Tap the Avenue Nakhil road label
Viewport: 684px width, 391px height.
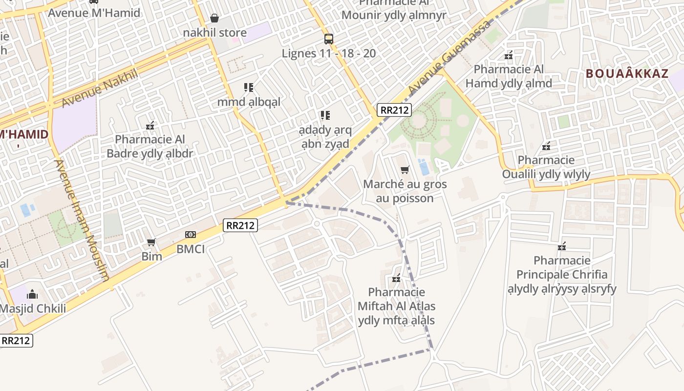[100, 88]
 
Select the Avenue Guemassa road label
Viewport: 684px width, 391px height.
[449, 58]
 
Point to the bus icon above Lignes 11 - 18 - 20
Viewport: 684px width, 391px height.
[329, 39]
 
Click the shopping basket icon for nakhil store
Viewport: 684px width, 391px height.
[214, 18]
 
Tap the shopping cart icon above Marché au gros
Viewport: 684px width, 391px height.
[405, 170]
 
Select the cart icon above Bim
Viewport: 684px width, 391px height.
[151, 242]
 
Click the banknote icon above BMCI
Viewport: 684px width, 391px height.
[191, 235]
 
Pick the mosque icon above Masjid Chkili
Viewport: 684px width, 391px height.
[32, 294]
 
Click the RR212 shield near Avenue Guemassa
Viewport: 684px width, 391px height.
[394, 110]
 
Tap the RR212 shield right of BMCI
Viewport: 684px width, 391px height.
[240, 225]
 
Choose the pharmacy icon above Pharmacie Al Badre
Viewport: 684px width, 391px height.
[150, 126]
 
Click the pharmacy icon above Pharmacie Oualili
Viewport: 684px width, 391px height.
[546, 146]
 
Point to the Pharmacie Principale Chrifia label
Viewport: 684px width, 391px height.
[562, 274]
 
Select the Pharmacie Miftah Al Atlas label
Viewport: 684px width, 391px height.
[397, 306]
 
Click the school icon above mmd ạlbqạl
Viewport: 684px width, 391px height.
[249, 87]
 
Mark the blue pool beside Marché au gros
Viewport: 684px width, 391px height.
[424, 167]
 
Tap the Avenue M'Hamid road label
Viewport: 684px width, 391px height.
[94, 13]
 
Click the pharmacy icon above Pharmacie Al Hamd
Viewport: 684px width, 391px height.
[509, 55]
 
